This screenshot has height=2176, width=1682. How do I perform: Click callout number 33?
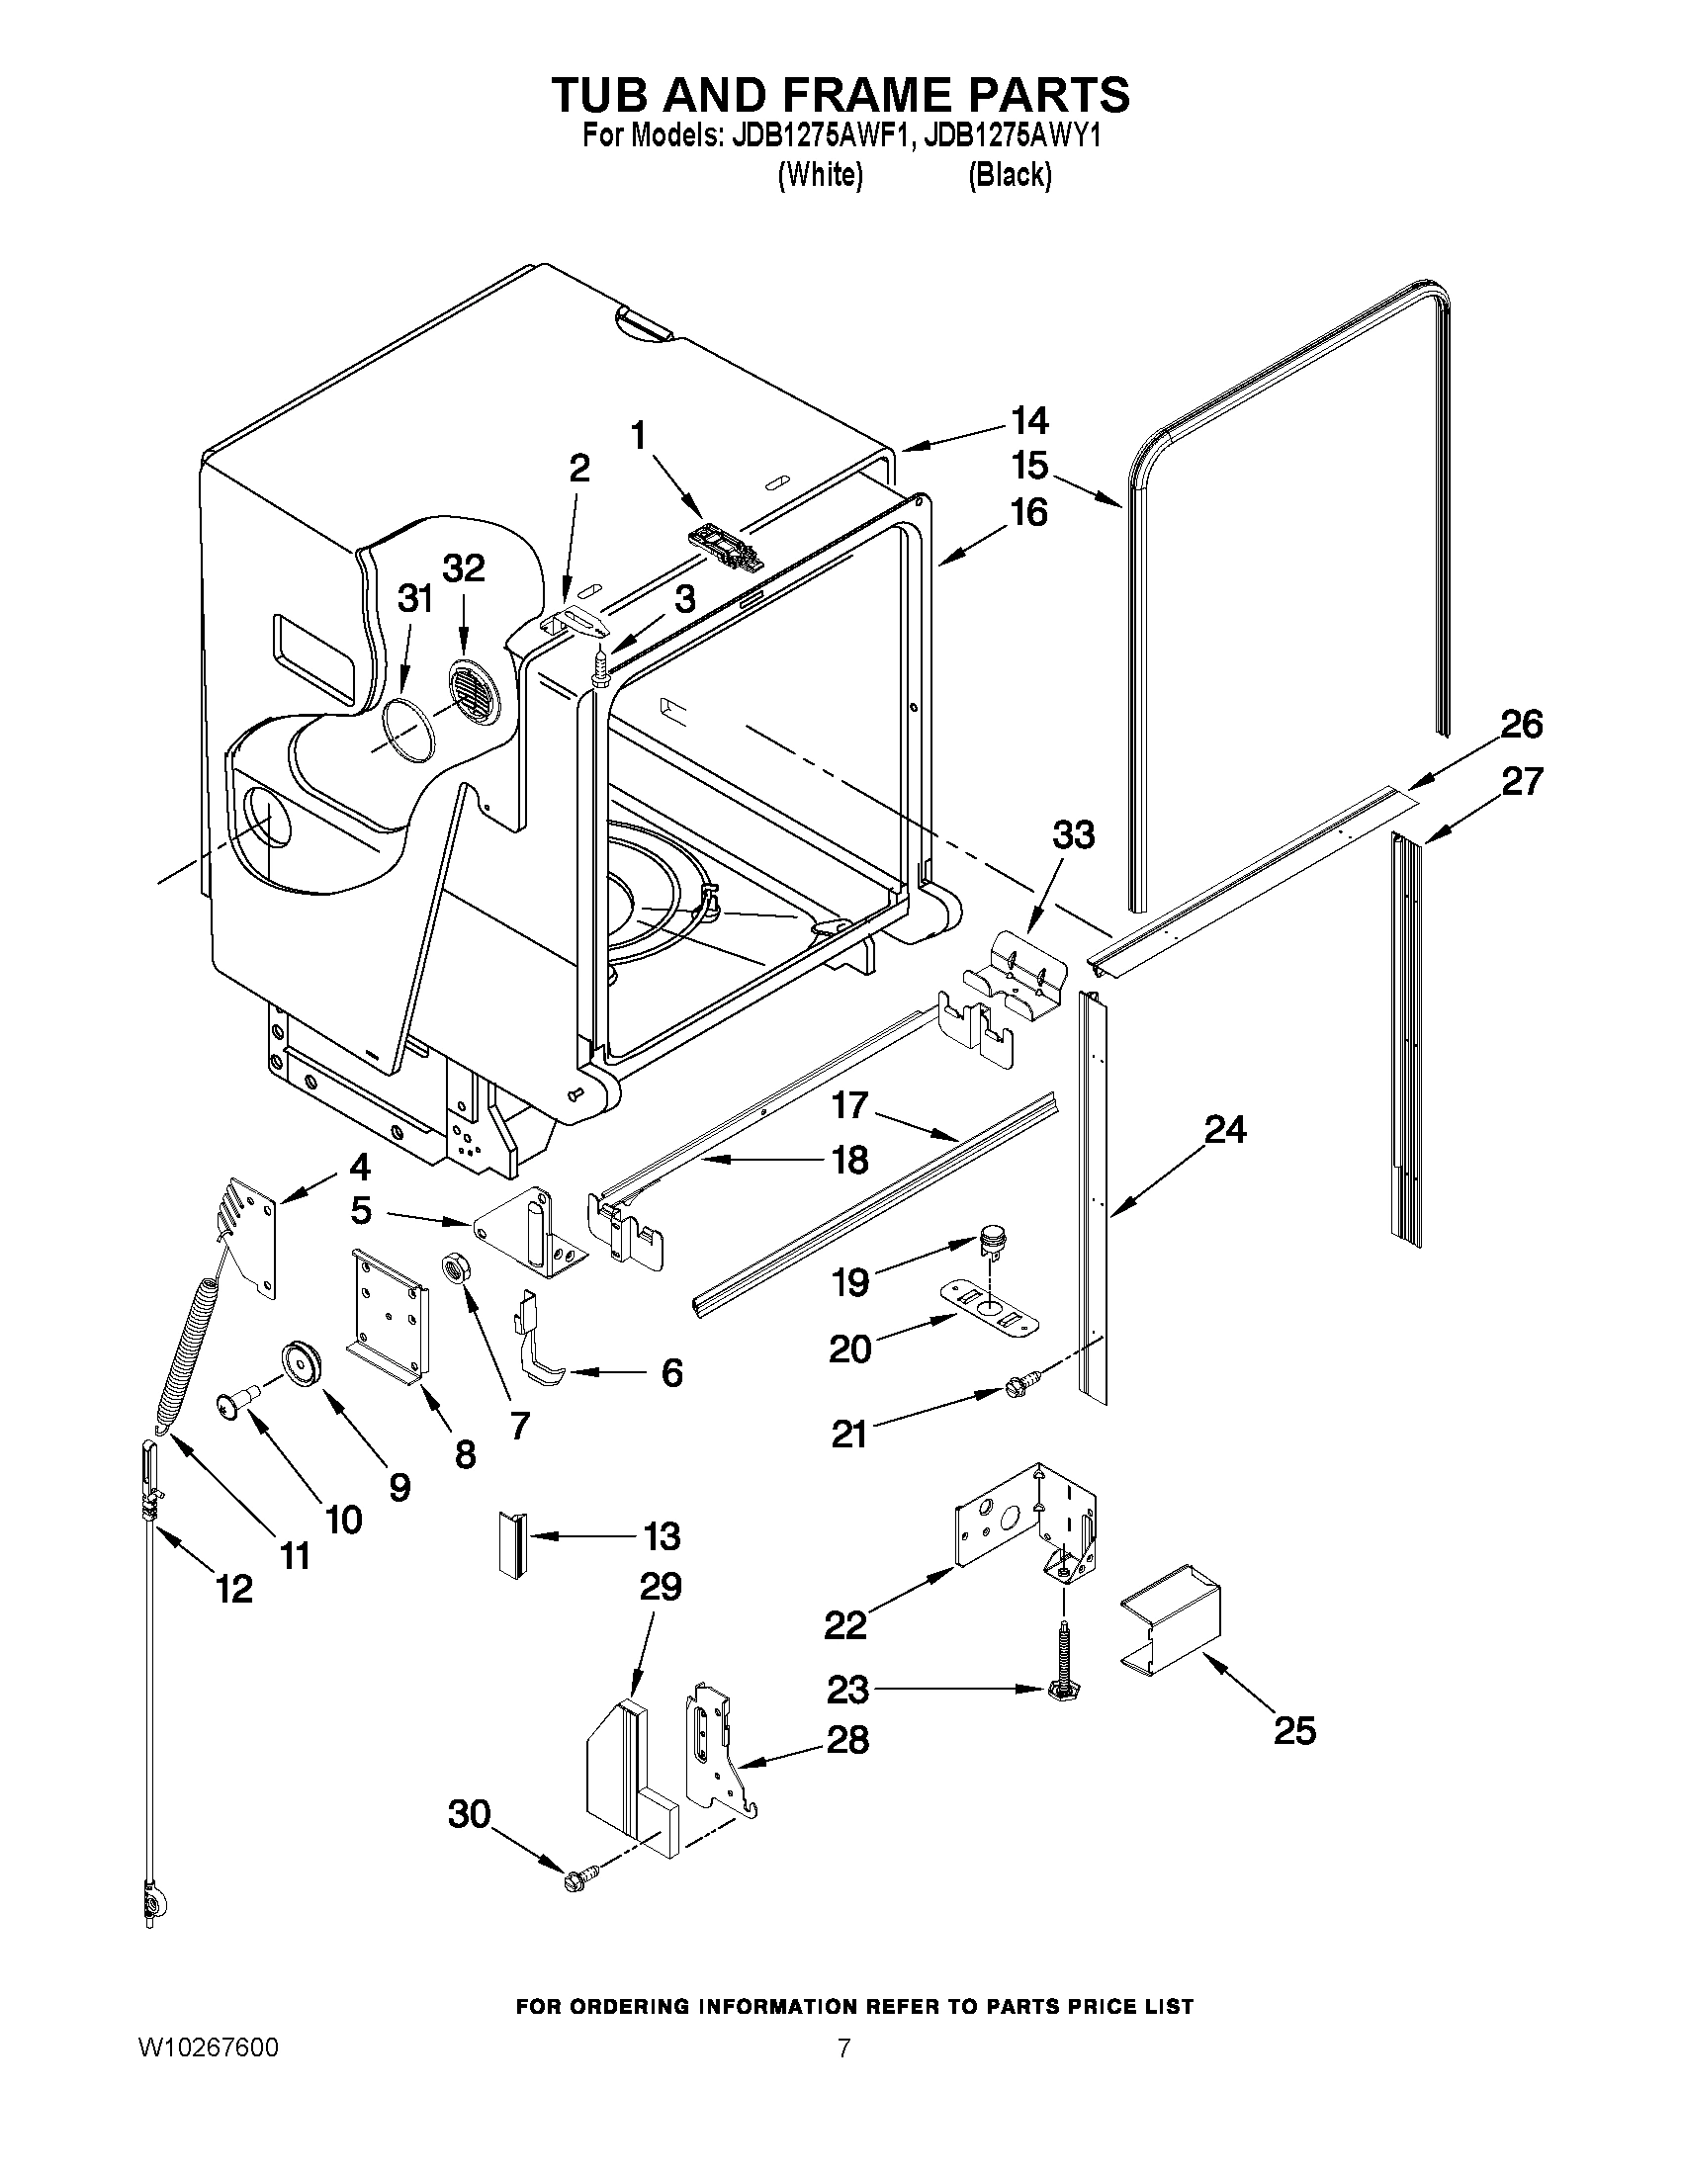click(x=1074, y=834)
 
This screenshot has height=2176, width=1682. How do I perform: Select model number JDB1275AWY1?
click(x=1012, y=136)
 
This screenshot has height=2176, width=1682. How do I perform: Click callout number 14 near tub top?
click(x=1030, y=421)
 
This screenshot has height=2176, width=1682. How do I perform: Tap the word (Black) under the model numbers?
click(x=1010, y=175)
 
